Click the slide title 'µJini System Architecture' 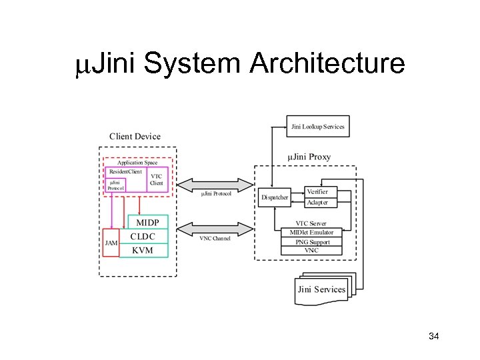[240, 64]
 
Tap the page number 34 [433, 337]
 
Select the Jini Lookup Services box [318, 126]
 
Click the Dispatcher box [275, 197]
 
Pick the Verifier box [317, 191]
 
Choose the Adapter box [317, 202]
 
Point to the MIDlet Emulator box [311, 232]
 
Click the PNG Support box [311, 241]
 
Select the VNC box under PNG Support [311, 251]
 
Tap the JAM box [111, 243]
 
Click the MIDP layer [148, 222]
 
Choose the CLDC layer [143, 236]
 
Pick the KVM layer [142, 251]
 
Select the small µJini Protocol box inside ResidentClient [116, 185]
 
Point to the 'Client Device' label [135, 137]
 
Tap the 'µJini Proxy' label [309, 157]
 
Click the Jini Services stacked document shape [322, 289]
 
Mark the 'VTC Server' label [311, 223]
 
